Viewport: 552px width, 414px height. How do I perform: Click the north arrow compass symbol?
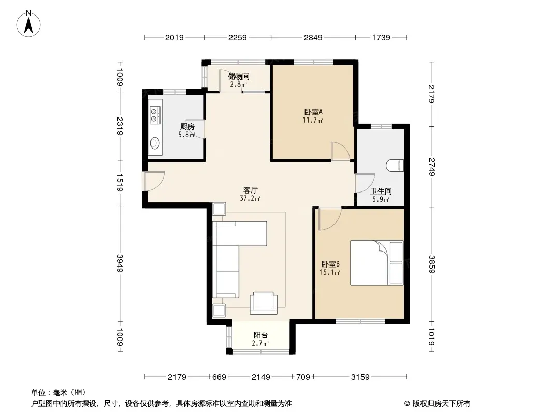[28, 24]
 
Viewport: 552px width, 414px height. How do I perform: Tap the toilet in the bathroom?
[395, 166]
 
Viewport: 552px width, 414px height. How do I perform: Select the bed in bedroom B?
[376, 262]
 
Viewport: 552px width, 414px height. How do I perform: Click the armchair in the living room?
[264, 303]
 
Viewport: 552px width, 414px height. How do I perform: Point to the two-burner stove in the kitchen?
[154, 115]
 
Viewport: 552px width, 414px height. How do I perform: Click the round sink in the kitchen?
[154, 143]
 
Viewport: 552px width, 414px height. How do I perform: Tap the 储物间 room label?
[239, 76]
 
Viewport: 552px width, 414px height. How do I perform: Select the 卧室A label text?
[313, 112]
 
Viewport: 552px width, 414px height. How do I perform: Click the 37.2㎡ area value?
[250, 198]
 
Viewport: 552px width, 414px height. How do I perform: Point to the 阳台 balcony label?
[260, 335]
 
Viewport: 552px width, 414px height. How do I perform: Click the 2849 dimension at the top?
[313, 37]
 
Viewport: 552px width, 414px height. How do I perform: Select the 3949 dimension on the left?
[120, 263]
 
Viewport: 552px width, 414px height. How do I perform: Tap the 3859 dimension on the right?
[432, 264]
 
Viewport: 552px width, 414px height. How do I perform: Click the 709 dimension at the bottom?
[303, 377]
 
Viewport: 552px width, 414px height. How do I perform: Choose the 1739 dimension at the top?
[381, 37]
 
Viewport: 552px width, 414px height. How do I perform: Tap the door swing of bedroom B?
[330, 219]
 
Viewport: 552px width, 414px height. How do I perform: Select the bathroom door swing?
[365, 183]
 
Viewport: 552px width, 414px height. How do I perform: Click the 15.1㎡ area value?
[330, 272]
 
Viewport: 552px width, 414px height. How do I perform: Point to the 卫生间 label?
[381, 191]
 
